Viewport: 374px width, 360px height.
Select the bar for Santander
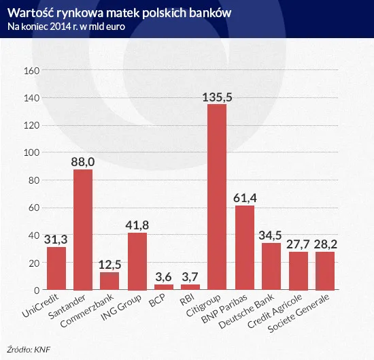tap(83, 229)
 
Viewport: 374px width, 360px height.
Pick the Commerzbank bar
tap(109, 281)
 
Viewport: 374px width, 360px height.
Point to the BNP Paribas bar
tap(244, 248)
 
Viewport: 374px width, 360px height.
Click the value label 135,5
tap(218, 97)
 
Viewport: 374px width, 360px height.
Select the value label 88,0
tap(83, 162)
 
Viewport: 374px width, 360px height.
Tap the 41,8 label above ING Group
tap(137, 225)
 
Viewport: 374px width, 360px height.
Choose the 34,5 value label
tap(271, 235)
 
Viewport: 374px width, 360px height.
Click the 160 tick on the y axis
tap(31, 70)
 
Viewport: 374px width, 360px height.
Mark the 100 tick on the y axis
tap(31, 152)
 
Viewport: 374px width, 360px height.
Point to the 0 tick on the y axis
tap(37, 290)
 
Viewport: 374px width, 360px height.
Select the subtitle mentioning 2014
tap(66, 27)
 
